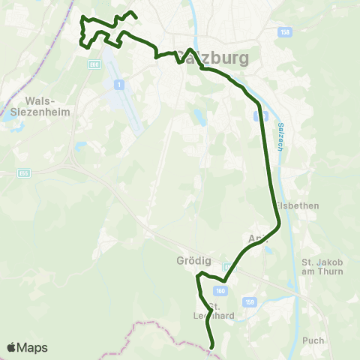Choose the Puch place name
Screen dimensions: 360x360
313,340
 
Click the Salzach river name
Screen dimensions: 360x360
280,137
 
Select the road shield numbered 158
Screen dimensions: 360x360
283,32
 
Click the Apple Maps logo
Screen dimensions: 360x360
27,347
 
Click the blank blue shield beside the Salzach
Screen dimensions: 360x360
260,116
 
